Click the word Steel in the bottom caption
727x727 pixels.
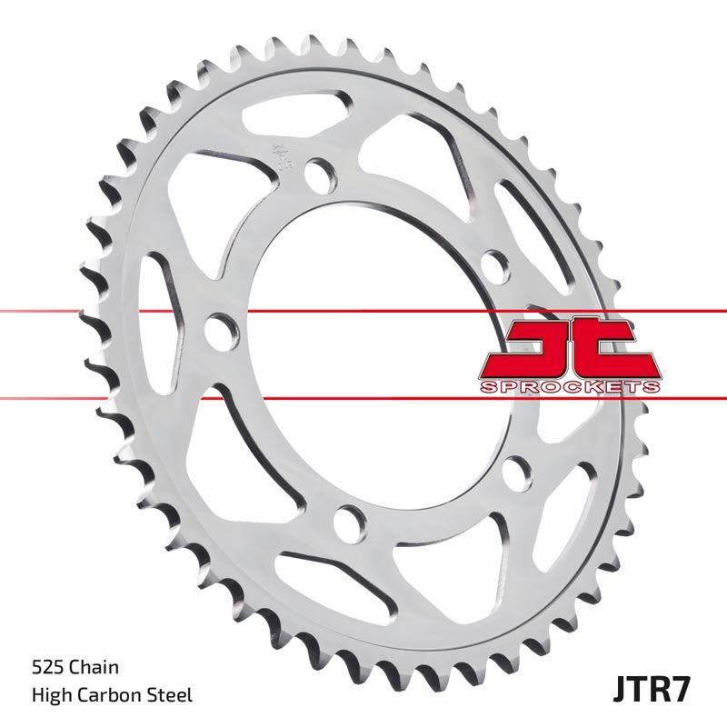[x=170, y=696]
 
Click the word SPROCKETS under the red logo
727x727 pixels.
[x=568, y=386]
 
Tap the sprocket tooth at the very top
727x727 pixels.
[x=320, y=45]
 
